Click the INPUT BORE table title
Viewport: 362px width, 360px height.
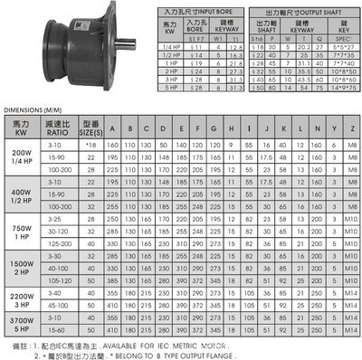click(x=192, y=8)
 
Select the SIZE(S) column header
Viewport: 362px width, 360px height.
click(x=89, y=127)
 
